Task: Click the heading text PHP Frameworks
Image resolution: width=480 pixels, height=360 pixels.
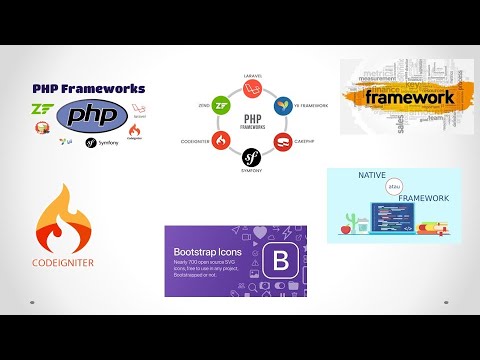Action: point(88,88)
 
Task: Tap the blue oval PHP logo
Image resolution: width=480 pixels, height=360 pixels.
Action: point(91,116)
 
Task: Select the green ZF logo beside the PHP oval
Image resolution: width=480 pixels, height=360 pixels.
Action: point(41,110)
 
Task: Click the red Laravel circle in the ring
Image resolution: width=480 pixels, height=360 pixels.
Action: point(253,90)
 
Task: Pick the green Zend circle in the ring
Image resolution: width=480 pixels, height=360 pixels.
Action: point(225,104)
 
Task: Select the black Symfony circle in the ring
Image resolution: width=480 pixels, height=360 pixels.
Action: point(252,157)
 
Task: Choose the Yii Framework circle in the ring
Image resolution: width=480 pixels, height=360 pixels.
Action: point(283,105)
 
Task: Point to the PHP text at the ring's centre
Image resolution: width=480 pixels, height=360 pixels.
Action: point(253,119)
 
